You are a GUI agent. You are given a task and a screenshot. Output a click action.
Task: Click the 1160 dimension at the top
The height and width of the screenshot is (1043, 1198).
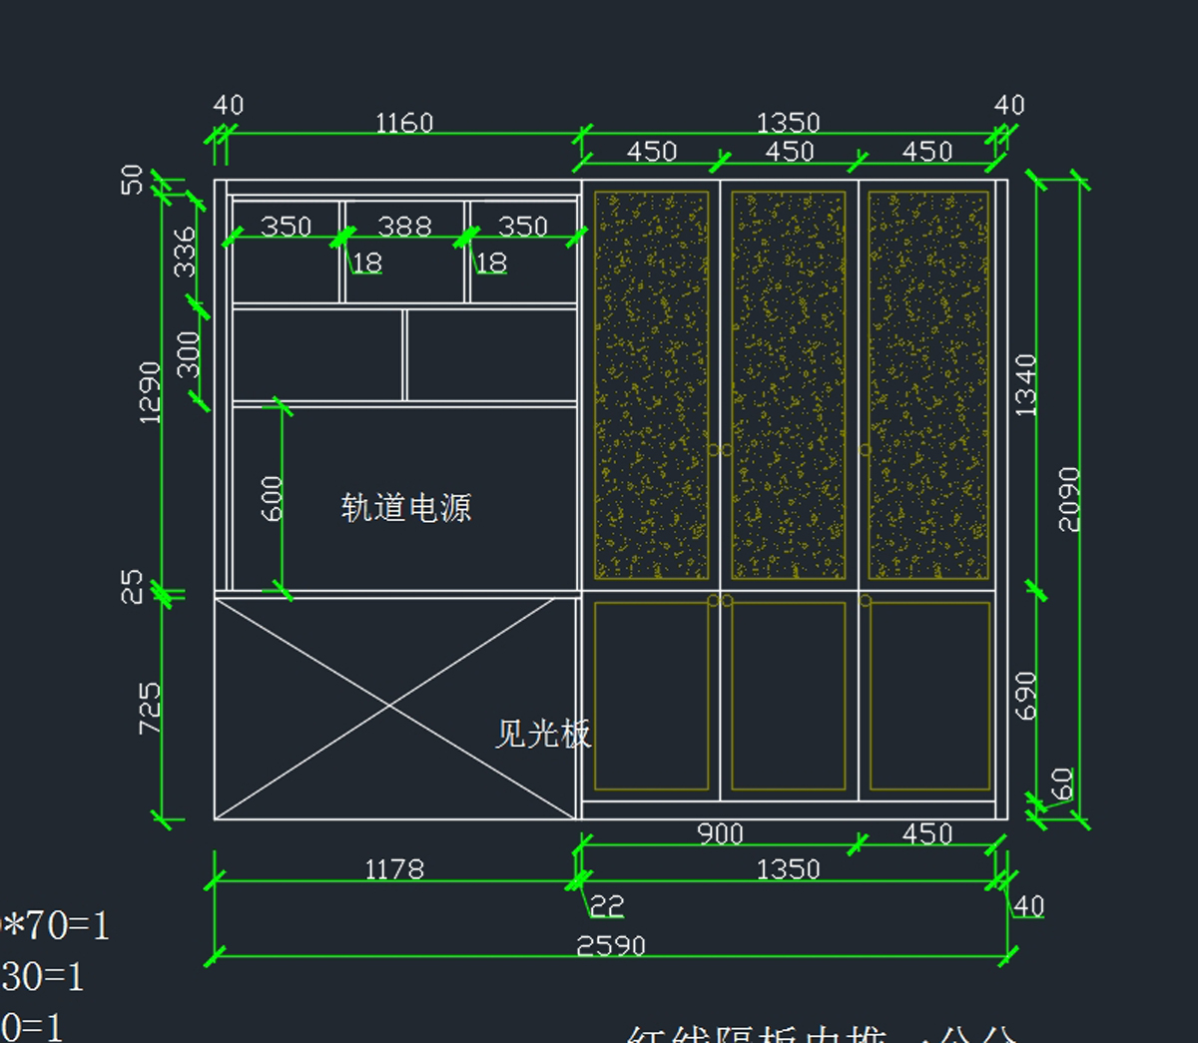[x=403, y=123]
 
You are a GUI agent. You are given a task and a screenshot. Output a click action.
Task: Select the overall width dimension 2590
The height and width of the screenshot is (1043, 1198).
[x=611, y=944]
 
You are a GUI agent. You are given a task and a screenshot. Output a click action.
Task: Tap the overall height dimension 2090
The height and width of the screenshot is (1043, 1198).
[x=1068, y=499]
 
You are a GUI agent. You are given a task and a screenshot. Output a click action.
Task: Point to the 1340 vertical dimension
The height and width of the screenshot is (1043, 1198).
[x=1025, y=384]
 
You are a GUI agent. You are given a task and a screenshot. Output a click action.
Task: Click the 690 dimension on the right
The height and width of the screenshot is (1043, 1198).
[x=1025, y=695]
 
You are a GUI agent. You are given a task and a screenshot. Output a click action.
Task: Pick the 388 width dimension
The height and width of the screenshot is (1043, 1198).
[x=404, y=227]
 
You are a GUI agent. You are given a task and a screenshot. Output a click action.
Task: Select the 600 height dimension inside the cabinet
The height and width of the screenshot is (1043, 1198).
[x=272, y=498]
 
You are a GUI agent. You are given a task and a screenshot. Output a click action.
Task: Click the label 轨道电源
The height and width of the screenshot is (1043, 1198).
[x=405, y=508]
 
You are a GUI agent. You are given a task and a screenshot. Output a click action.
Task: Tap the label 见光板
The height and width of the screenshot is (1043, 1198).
[x=543, y=734]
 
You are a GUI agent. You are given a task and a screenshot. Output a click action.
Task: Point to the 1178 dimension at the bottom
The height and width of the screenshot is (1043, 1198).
[x=394, y=869]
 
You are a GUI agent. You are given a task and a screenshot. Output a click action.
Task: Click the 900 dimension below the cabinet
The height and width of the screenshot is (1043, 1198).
[x=720, y=833]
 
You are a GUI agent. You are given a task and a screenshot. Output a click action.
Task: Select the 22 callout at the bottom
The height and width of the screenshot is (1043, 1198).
[x=606, y=905]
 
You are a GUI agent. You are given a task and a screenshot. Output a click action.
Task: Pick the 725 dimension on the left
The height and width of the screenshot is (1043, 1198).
[x=149, y=708]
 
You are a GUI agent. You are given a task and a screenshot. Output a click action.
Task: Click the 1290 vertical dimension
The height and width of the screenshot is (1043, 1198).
[x=149, y=392]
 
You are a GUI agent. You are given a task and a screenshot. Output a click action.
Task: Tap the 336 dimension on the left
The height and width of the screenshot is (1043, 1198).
[x=186, y=252]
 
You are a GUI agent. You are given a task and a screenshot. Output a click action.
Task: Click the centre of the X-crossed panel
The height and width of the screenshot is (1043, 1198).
[x=389, y=707]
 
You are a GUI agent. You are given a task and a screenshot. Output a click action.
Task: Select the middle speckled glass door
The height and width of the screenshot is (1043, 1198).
[x=789, y=384]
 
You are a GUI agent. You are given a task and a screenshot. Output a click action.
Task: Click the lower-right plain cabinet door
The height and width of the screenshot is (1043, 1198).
[x=929, y=696]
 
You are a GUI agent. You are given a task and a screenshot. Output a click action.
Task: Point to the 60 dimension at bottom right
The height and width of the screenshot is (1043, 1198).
[x=1063, y=783]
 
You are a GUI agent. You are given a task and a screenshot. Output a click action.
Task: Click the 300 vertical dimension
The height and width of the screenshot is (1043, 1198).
[x=188, y=354]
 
